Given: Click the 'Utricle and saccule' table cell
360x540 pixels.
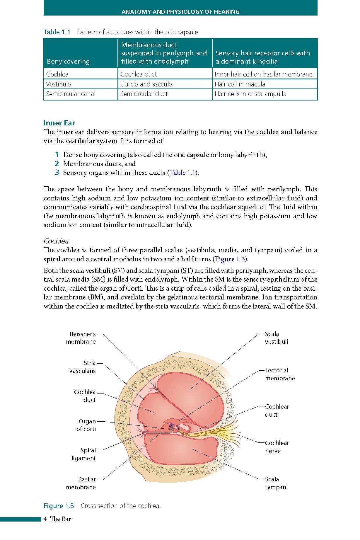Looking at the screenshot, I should (146, 84).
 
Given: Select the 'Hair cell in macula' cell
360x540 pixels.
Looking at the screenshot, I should (240, 84).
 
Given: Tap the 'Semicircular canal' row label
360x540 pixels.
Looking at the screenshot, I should (71, 94).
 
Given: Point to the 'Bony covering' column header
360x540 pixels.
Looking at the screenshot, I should (68, 61).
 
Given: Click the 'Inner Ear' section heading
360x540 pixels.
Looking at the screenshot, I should (59, 123).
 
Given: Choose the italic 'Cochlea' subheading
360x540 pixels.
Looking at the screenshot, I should (56, 241).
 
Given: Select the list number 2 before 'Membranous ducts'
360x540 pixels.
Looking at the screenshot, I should (57, 164).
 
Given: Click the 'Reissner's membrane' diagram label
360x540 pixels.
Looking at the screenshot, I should (82, 338).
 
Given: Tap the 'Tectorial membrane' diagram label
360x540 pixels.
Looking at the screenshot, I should (280, 374).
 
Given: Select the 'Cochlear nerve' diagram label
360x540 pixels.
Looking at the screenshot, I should (277, 447).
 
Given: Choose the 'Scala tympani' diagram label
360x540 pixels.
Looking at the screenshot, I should (276, 483).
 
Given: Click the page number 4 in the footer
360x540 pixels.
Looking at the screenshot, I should (45, 519).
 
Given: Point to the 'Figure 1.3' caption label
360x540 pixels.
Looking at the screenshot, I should (59, 506).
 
